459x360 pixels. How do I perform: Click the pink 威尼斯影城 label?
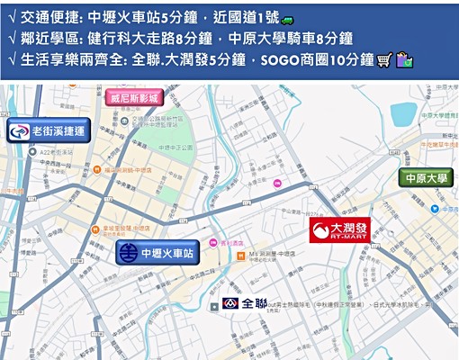click(x=134, y=97)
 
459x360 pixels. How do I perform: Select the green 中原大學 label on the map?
click(x=426, y=177)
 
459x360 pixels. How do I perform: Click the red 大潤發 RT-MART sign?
click(x=341, y=229)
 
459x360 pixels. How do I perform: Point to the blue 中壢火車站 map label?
click(x=157, y=253)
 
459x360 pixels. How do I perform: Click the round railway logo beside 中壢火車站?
click(x=129, y=253)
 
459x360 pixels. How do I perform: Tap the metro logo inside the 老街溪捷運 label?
click(x=18, y=132)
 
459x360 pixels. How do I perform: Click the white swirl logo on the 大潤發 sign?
click(x=320, y=230)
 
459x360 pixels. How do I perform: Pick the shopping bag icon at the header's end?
click(x=404, y=60)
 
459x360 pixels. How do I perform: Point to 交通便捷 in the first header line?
click(x=47, y=18)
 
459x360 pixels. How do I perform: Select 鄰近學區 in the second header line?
click(x=47, y=39)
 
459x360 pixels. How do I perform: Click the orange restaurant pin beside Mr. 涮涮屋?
click(x=241, y=256)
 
